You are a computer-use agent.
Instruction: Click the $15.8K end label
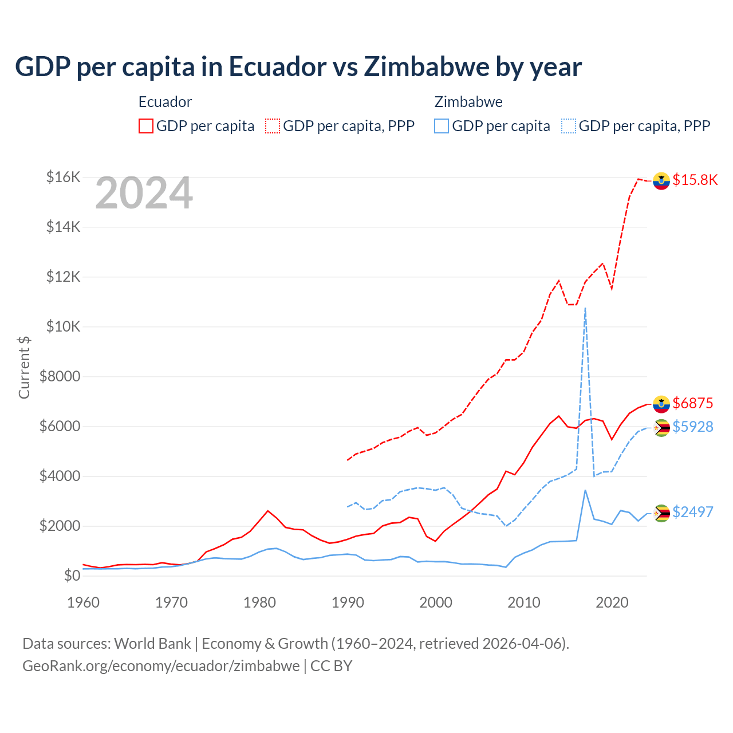click(695, 180)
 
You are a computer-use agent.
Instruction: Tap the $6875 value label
click(693, 403)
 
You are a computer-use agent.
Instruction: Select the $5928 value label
click(693, 427)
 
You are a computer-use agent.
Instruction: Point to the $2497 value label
click(693, 512)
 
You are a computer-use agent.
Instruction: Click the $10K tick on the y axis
click(63, 326)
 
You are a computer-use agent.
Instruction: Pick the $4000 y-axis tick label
click(60, 476)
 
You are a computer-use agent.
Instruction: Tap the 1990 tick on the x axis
click(348, 602)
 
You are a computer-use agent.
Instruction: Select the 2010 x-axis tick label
click(524, 602)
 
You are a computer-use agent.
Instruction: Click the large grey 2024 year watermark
click(144, 194)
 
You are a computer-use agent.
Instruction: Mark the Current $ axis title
click(24, 368)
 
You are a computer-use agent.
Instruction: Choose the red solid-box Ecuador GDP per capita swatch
click(146, 126)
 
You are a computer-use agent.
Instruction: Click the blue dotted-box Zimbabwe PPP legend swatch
click(569, 126)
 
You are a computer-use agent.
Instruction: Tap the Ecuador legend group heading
click(165, 102)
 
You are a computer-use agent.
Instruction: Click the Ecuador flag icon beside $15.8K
click(661, 180)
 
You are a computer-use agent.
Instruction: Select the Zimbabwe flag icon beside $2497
click(661, 513)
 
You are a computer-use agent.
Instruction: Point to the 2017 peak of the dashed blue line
click(585, 308)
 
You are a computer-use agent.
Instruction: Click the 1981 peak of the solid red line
click(268, 511)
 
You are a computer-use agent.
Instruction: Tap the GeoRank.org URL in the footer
click(161, 666)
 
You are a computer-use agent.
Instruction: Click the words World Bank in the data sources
click(152, 644)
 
